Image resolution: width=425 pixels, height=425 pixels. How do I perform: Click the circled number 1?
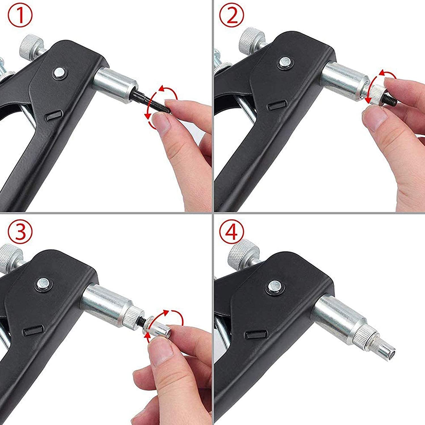20,16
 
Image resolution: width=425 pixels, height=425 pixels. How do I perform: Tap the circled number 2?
232,16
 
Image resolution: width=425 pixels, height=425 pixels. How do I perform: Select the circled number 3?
20,231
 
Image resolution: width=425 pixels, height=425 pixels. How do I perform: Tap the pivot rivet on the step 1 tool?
59,73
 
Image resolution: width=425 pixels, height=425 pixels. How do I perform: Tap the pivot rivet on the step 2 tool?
284,63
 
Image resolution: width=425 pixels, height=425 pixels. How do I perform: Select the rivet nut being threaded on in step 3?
157,326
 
